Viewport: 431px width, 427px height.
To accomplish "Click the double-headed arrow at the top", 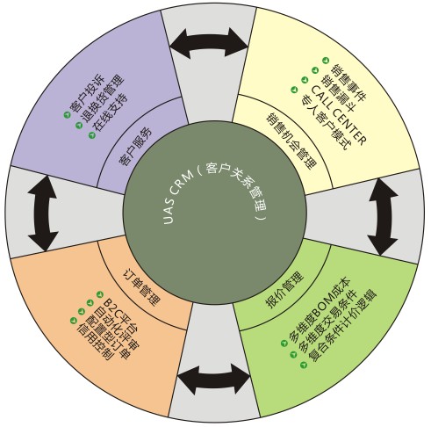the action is (x=209, y=43).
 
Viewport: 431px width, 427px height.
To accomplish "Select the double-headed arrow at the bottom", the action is (x=214, y=380).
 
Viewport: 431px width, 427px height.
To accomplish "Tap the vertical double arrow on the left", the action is (x=43, y=213).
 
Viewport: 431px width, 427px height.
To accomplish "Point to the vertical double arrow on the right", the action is (x=383, y=217).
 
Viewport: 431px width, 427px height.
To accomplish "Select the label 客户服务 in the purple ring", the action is (x=135, y=147).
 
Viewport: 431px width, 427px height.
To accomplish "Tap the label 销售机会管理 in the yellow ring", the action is (x=291, y=141).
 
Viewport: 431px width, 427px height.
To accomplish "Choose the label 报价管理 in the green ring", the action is (x=284, y=290).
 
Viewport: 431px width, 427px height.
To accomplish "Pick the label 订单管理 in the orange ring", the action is (x=142, y=287).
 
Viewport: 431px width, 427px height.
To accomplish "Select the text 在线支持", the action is (x=111, y=116).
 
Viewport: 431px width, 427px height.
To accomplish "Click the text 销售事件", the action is (x=348, y=83).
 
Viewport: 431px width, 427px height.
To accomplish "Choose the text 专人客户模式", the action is (x=326, y=122).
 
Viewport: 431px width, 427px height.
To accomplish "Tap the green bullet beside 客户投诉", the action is (x=67, y=115).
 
